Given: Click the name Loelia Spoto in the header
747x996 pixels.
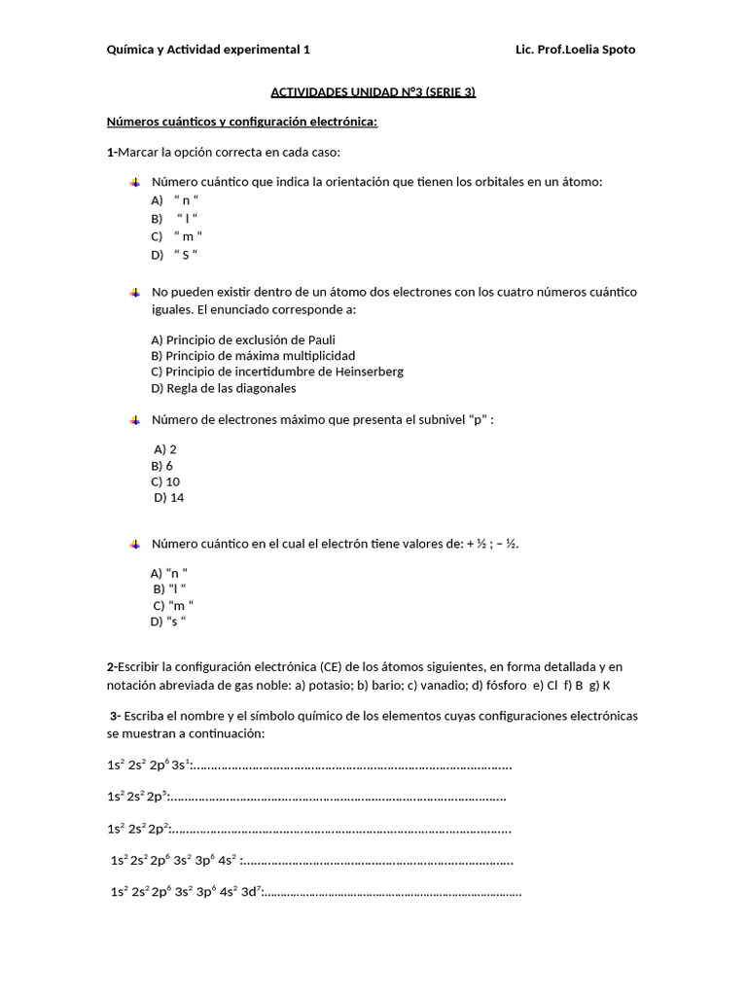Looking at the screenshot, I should (x=600, y=50).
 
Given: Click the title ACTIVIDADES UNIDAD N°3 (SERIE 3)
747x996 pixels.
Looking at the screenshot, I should (x=373, y=93).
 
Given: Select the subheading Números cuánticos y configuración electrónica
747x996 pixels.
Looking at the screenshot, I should (x=241, y=123).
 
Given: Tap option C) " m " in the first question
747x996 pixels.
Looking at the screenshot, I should (x=176, y=236).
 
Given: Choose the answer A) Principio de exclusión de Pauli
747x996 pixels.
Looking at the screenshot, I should (x=242, y=339).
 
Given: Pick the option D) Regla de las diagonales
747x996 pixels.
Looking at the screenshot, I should (x=224, y=388).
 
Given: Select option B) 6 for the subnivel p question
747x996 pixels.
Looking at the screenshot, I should (x=162, y=466).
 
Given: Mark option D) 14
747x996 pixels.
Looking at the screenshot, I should (x=169, y=498).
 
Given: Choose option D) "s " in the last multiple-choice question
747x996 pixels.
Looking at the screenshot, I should (x=168, y=622).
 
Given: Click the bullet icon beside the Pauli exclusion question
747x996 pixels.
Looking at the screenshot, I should (x=135, y=292).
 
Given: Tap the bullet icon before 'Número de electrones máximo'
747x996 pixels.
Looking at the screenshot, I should (x=135, y=420).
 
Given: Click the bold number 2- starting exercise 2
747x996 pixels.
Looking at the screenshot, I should (x=113, y=667).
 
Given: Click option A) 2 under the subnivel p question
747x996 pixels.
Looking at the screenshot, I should (x=165, y=449).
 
